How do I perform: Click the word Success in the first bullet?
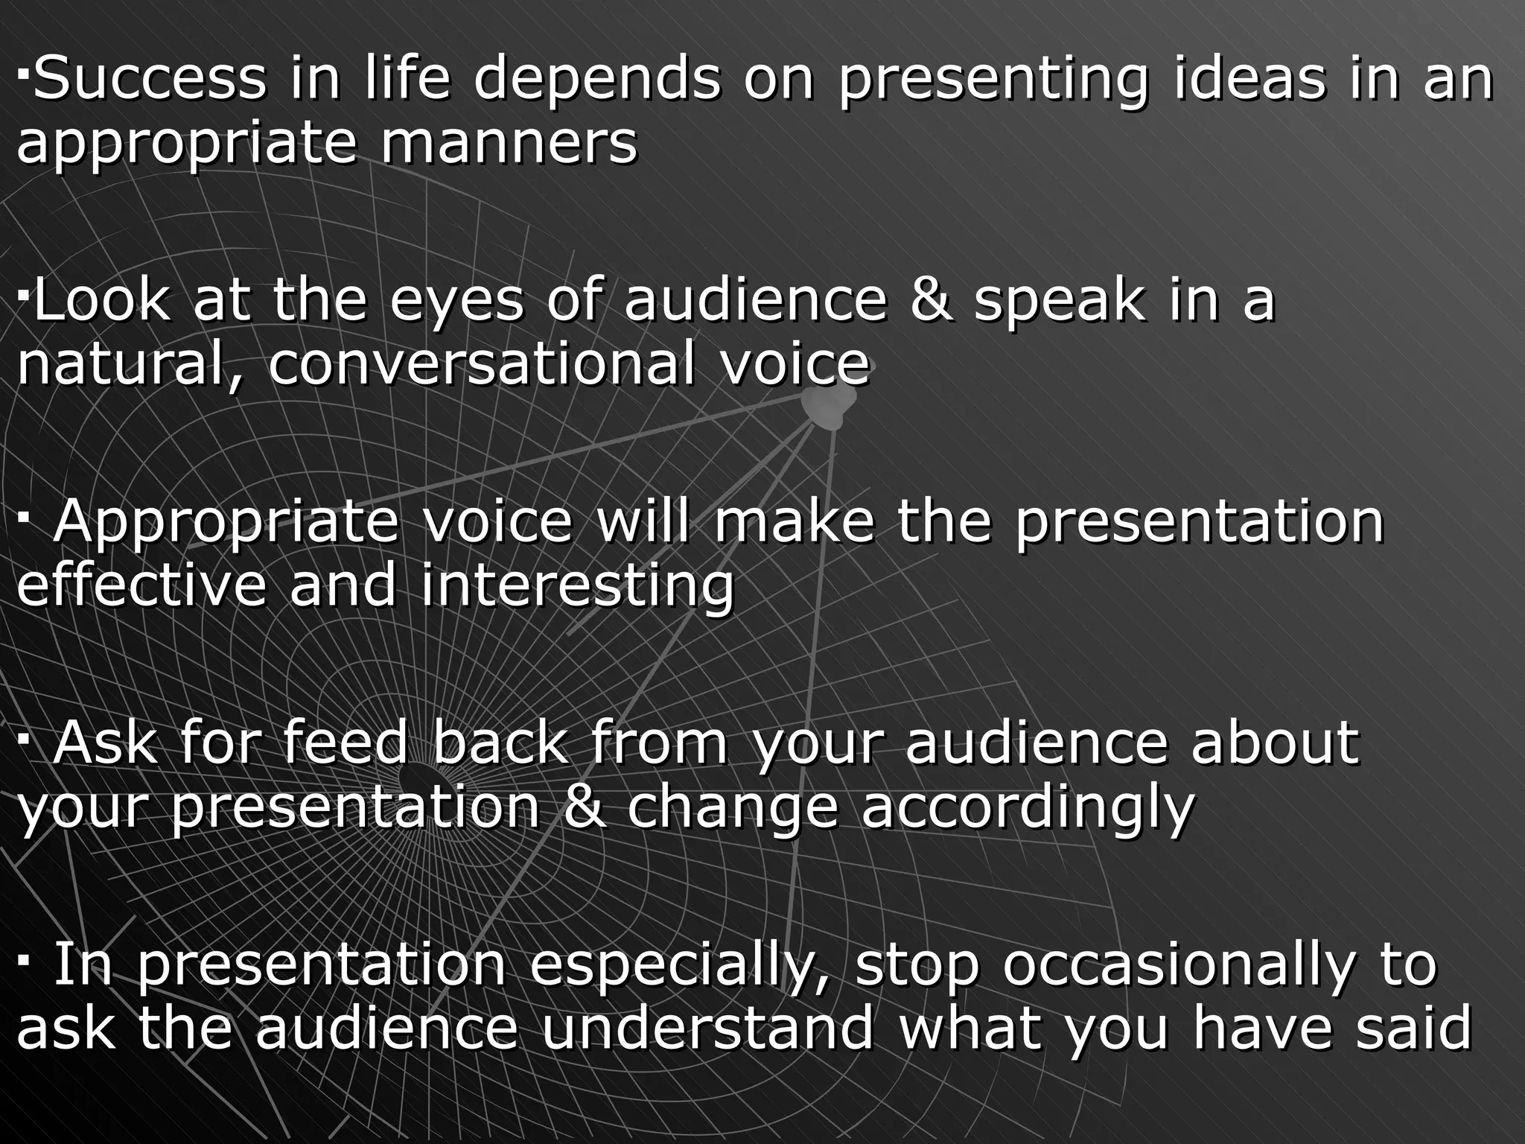150,79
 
